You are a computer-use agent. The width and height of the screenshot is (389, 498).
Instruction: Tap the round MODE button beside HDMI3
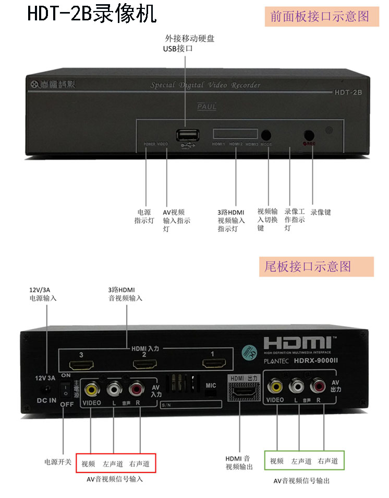click(x=268, y=135)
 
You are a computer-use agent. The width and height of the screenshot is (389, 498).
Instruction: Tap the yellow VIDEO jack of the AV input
click(x=91, y=388)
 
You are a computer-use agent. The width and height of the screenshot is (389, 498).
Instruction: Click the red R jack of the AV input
click(x=137, y=388)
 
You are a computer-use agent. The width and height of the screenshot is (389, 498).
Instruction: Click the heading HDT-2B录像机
click(x=92, y=14)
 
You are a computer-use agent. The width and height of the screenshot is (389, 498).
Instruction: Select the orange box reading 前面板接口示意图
click(x=319, y=17)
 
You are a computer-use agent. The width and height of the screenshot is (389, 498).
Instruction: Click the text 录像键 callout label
click(x=321, y=213)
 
